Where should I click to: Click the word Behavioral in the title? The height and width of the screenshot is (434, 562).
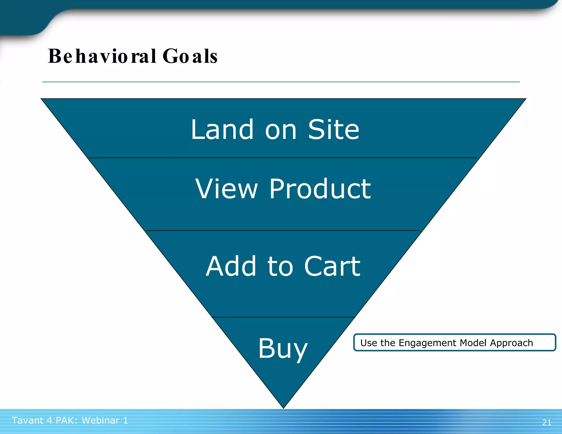point(102,56)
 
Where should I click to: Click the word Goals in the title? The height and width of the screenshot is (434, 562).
point(190,56)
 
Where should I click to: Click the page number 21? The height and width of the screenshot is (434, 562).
point(547,422)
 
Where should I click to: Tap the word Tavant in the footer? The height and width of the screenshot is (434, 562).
point(28,420)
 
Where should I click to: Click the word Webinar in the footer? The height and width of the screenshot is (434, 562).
point(100,420)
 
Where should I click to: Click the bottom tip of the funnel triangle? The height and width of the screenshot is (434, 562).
point(283,407)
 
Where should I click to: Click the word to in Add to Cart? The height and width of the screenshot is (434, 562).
point(280,267)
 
